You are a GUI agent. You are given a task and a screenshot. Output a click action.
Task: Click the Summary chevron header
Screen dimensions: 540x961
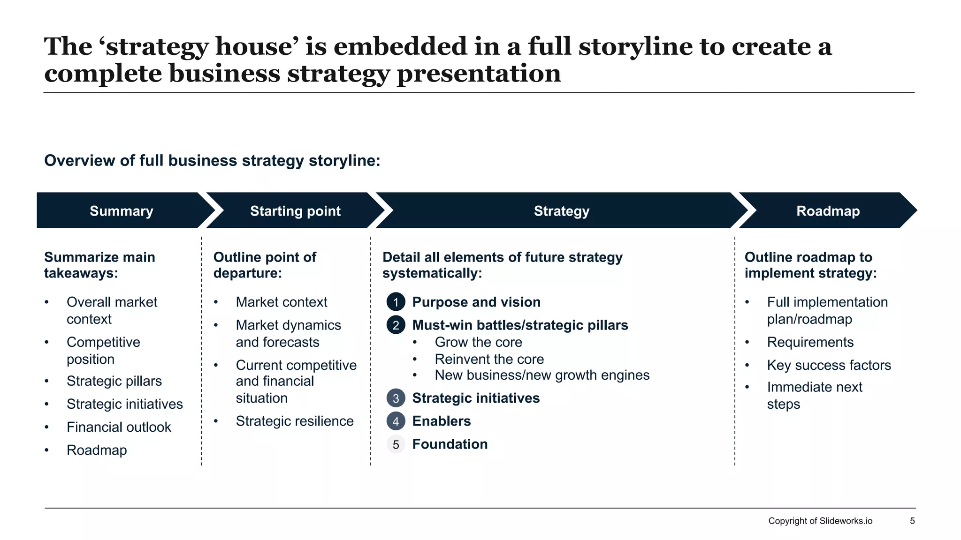[x=121, y=211]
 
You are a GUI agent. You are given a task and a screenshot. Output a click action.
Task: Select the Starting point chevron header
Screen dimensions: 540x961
[x=295, y=211]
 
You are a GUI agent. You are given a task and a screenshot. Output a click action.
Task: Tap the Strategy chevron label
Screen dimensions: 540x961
[x=561, y=211]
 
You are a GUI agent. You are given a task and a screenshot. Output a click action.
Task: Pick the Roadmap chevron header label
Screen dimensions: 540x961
[x=828, y=211]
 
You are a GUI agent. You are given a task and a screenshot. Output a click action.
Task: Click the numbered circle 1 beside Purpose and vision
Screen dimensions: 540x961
[x=396, y=302]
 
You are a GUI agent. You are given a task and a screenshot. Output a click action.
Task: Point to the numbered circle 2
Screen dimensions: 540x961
[x=396, y=325]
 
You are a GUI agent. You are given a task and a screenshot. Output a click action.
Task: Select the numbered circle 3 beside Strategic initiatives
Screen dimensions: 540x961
[x=396, y=398]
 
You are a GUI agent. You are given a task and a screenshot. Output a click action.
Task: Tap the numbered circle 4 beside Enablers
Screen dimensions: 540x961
[x=396, y=421]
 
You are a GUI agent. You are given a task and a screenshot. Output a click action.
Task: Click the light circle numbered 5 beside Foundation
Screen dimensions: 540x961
[x=396, y=444]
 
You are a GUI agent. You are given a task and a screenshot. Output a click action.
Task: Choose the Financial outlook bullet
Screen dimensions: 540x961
[x=119, y=427]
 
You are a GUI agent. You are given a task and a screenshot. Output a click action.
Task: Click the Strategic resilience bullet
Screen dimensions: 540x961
[x=294, y=421]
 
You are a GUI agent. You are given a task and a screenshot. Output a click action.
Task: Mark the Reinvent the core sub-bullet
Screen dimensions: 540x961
[x=489, y=359]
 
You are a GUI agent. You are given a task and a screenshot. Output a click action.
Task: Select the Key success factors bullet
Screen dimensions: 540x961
[x=829, y=365]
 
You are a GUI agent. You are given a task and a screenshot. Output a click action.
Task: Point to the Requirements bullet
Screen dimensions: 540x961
[x=810, y=342]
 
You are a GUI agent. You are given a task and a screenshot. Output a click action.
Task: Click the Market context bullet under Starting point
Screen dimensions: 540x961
[x=281, y=302]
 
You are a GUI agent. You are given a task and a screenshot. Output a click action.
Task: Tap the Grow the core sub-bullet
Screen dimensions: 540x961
[x=478, y=342]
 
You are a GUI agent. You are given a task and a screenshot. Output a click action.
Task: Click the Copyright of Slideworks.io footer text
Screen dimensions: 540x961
[x=820, y=521]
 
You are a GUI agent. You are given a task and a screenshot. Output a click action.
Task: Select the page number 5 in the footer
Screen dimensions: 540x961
[x=912, y=521]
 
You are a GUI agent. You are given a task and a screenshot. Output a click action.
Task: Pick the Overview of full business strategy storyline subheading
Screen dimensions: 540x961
[x=212, y=161]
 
